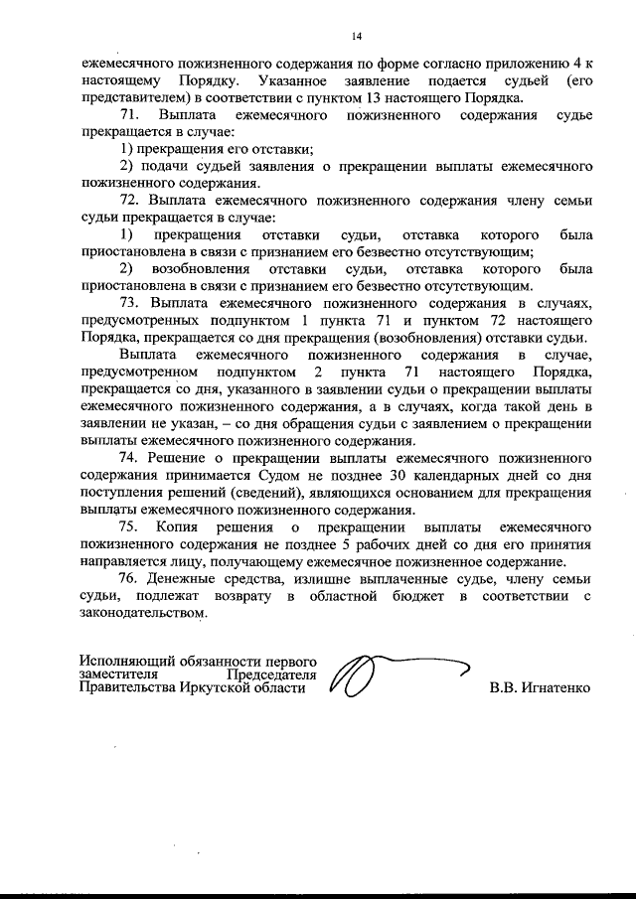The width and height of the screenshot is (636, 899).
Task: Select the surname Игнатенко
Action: pos(555,687)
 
